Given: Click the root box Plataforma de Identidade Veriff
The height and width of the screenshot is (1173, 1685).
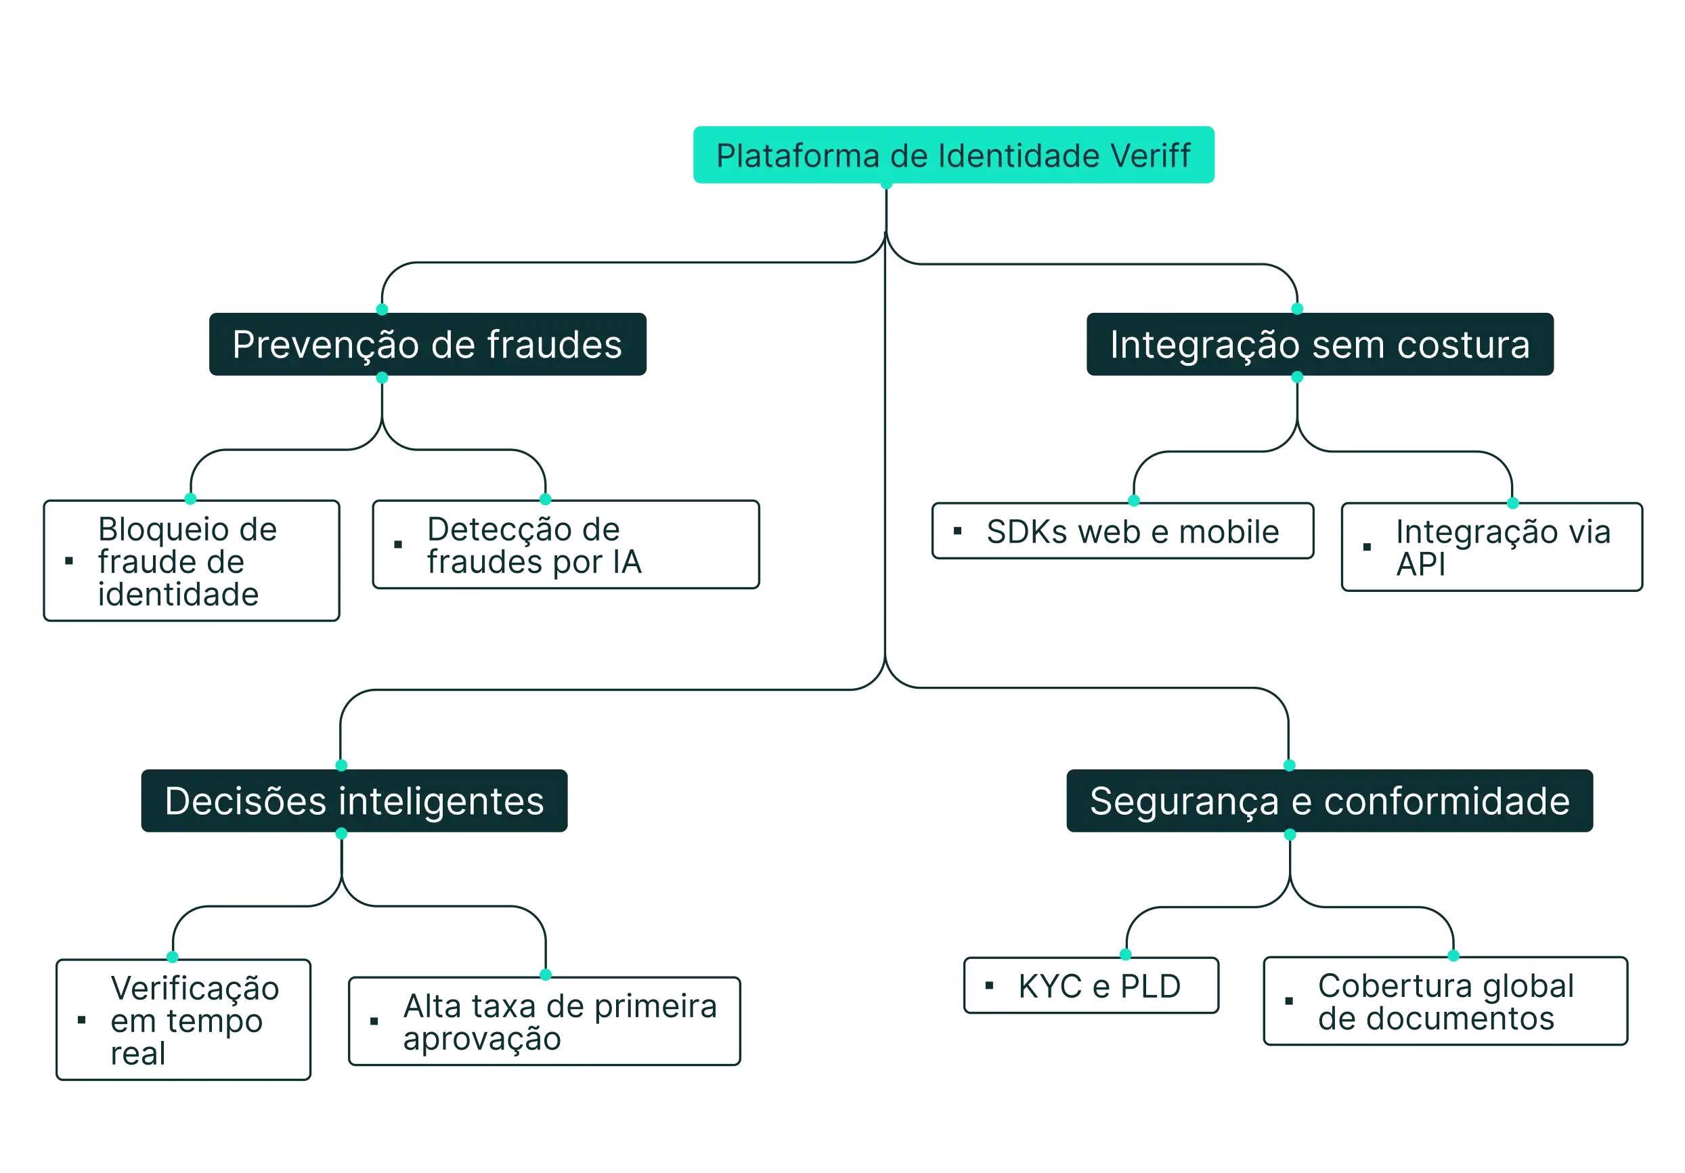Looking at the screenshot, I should (x=955, y=155).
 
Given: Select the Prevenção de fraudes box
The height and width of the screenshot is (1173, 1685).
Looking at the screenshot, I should (x=427, y=344).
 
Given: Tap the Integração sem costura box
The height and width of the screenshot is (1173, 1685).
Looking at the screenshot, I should (x=1319, y=344).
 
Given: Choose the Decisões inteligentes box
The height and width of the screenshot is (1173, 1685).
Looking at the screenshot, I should (x=355, y=801).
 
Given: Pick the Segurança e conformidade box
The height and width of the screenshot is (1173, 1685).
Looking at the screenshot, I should (x=1329, y=801).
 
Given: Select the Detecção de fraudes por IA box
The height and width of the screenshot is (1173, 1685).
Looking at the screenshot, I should (x=566, y=545).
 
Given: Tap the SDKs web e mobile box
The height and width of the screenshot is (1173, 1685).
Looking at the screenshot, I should (x=1121, y=532).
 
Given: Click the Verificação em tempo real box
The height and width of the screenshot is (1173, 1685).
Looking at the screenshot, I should (x=184, y=1019).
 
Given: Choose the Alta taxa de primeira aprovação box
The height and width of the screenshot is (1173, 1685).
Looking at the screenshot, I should (x=544, y=1021).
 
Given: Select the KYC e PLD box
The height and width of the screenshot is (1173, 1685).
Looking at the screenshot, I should (x=1091, y=986).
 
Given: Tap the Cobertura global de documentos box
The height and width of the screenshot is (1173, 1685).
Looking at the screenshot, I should (x=1445, y=1002).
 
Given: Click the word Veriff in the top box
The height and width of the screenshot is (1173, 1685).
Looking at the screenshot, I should (x=1150, y=156).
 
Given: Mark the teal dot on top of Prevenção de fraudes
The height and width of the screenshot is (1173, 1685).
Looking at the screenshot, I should (x=382, y=308).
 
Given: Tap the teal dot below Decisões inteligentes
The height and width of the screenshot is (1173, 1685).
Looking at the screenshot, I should (x=341, y=834).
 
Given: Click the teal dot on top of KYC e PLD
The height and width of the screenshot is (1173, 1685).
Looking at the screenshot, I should (x=1124, y=954).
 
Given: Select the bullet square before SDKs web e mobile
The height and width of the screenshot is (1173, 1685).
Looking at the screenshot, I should (x=958, y=531).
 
